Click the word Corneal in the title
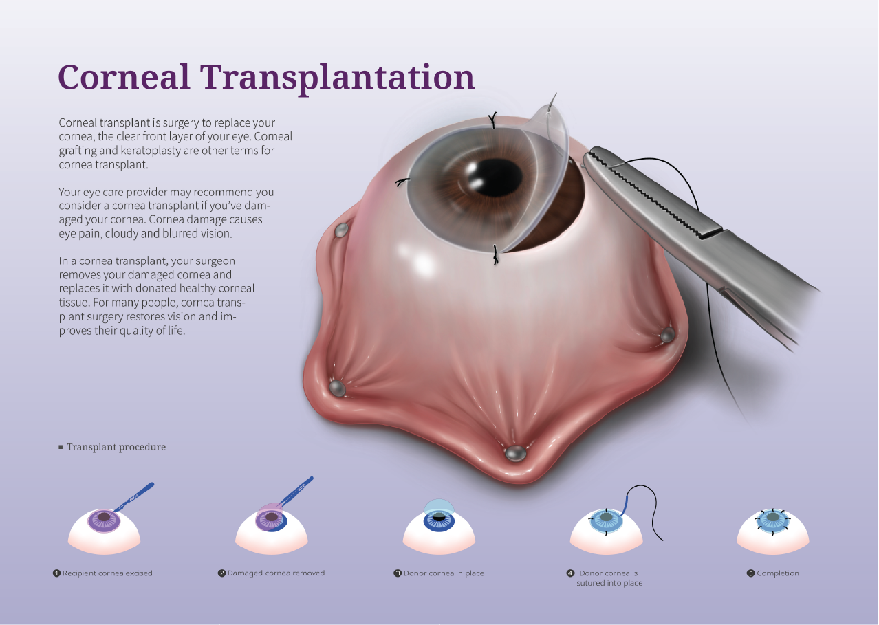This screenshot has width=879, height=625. [x=124, y=77]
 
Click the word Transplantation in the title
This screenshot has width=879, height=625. [x=338, y=79]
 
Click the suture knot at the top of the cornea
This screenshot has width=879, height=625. [x=492, y=120]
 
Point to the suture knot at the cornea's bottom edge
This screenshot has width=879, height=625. [x=496, y=255]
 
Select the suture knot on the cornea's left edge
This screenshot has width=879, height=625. [x=402, y=182]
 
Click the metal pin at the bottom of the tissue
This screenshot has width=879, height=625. [x=515, y=453]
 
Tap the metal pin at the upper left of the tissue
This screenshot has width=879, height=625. [x=341, y=230]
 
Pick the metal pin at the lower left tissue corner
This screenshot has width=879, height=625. [x=337, y=388]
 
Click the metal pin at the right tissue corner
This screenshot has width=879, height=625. [x=667, y=335]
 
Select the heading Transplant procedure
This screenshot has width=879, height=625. [x=116, y=447]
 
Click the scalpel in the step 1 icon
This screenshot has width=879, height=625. [x=134, y=496]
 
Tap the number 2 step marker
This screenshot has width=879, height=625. [x=221, y=573]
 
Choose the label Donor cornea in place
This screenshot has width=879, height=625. [x=444, y=573]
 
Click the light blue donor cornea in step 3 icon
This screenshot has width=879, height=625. [x=439, y=507]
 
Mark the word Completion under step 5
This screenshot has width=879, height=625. [x=778, y=573]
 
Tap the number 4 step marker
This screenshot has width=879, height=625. [x=570, y=573]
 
